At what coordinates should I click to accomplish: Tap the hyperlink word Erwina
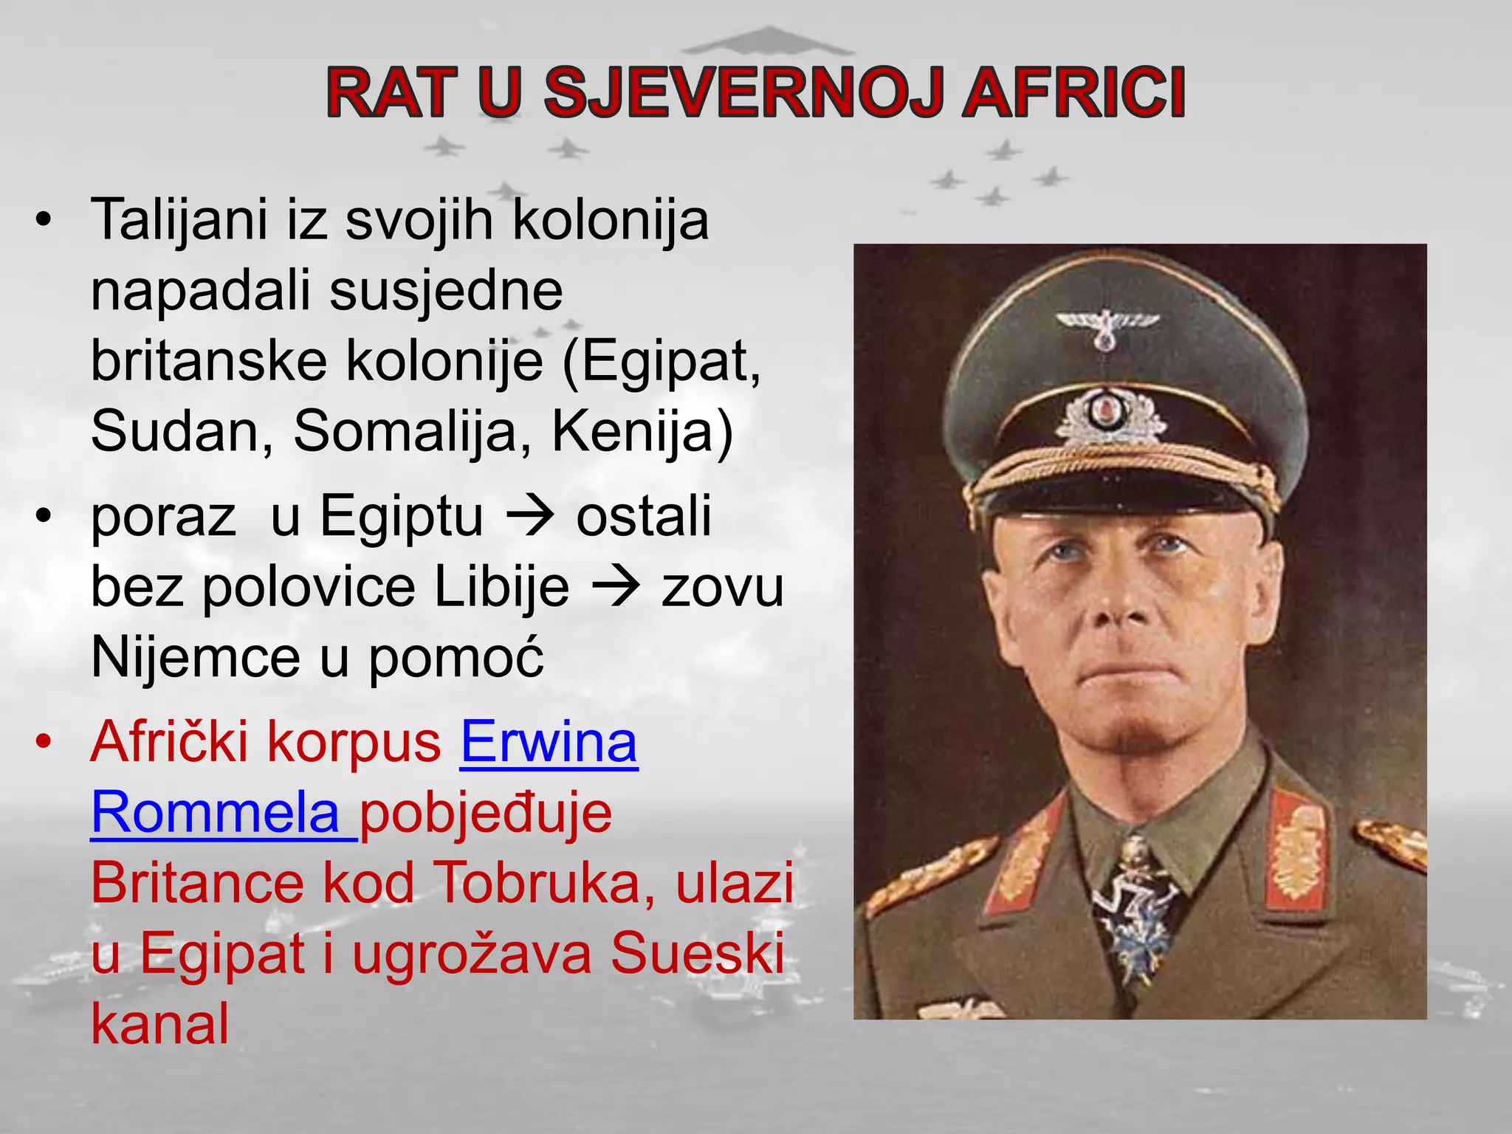[549, 742]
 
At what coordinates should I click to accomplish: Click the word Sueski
[697, 952]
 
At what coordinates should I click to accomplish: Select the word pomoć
[456, 657]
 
